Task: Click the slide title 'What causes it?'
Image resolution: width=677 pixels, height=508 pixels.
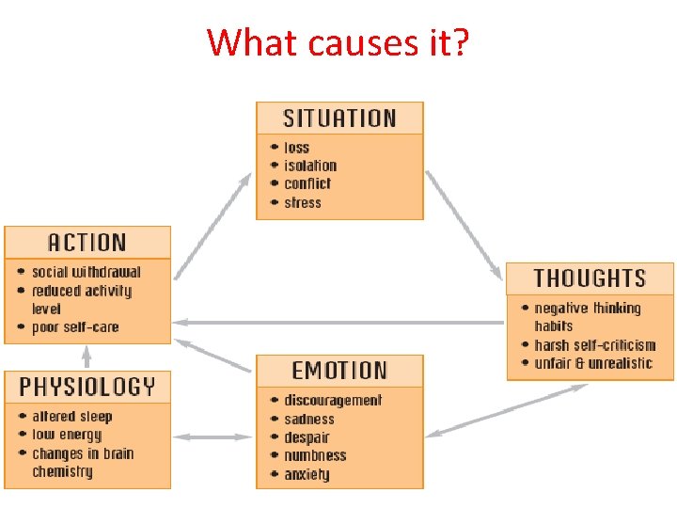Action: [338, 42]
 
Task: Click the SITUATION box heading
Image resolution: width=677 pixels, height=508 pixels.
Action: [339, 119]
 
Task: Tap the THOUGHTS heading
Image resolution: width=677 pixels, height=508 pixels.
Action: [590, 278]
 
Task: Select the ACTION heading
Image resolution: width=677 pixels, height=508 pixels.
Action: [87, 243]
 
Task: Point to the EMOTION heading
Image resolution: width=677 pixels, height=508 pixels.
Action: [339, 371]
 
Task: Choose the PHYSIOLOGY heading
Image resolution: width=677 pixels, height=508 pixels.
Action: [87, 387]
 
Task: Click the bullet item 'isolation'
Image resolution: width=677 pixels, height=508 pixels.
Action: [309, 166]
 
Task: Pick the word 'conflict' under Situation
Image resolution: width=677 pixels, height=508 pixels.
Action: [307, 183]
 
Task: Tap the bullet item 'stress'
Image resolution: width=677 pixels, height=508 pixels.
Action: [303, 202]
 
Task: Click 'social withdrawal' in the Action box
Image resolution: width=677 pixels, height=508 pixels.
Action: [86, 272]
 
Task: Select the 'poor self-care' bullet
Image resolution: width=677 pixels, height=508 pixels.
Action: [75, 327]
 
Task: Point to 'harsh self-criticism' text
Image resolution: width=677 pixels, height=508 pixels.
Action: [594, 345]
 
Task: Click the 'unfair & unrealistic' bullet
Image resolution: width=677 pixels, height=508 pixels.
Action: [592, 363]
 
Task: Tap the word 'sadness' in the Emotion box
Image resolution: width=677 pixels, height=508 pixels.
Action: [309, 419]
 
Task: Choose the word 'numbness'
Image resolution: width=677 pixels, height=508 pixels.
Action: [315, 455]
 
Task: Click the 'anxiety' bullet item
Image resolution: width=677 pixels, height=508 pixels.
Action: [307, 474]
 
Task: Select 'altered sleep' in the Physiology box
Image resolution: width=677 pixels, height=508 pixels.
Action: [71, 417]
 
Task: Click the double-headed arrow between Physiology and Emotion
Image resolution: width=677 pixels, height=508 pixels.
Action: [213, 437]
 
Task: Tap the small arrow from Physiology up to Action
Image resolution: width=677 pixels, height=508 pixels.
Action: [87, 356]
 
